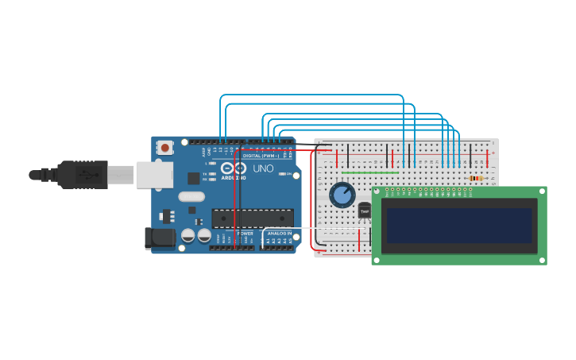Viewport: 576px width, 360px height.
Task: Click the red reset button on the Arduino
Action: [164, 147]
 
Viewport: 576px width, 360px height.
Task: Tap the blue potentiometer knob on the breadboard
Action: [342, 195]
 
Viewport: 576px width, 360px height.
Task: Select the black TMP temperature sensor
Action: [365, 211]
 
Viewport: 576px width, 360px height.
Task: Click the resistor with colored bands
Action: [476, 178]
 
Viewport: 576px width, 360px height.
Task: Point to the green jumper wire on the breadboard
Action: [369, 172]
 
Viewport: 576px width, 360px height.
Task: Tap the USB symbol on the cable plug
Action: [83, 175]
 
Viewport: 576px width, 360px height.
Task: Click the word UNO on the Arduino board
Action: [263, 169]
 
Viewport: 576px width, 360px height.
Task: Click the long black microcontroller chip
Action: [252, 218]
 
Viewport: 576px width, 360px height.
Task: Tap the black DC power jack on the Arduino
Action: [160, 238]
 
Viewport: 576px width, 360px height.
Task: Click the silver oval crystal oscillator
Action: [191, 196]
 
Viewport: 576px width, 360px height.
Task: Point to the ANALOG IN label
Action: [277, 234]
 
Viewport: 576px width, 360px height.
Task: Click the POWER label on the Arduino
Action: [245, 234]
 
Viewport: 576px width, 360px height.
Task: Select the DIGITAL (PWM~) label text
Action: [260, 156]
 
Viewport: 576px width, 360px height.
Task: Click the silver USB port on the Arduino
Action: [154, 175]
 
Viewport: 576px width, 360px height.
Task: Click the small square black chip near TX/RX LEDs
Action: [194, 179]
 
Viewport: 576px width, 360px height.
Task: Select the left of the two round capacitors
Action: [188, 235]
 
